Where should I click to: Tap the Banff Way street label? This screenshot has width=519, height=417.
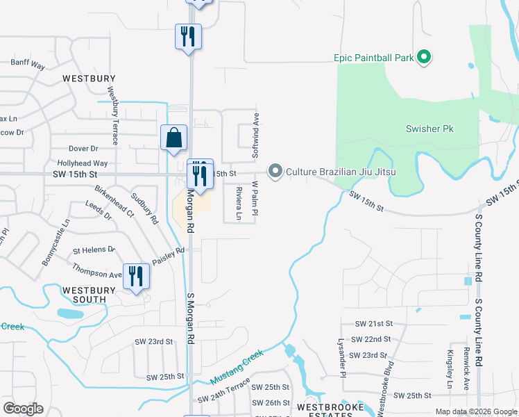[x=28, y=64]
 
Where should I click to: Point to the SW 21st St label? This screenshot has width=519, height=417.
[x=374, y=324]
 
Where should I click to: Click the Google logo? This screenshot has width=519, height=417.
[x=23, y=409]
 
